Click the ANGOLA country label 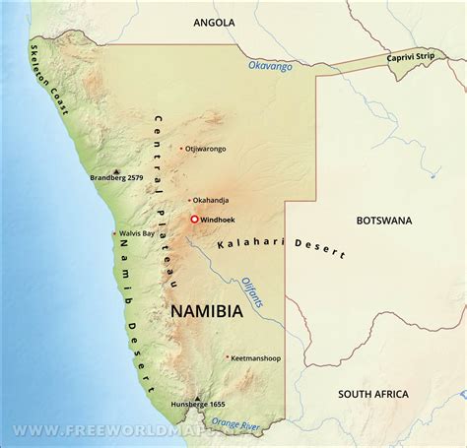point(215,21)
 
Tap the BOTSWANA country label point(384,220)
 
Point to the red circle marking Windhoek point(194,219)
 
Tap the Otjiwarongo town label point(206,149)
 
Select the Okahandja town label point(213,200)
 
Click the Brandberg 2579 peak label point(123,178)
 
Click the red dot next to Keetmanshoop point(227,357)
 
